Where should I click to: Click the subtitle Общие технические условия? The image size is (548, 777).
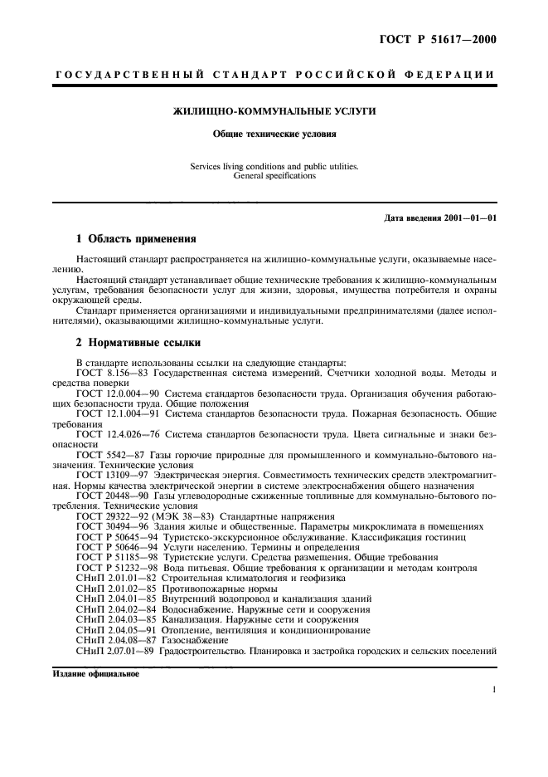coord(274,132)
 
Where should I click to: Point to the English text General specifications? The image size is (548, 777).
coord(274,176)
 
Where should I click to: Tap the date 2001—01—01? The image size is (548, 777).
coord(471,218)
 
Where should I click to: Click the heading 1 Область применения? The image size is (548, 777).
coord(136,238)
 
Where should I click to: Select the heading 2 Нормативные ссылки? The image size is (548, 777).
coord(137,342)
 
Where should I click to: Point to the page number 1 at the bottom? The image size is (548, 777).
coord(493,690)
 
